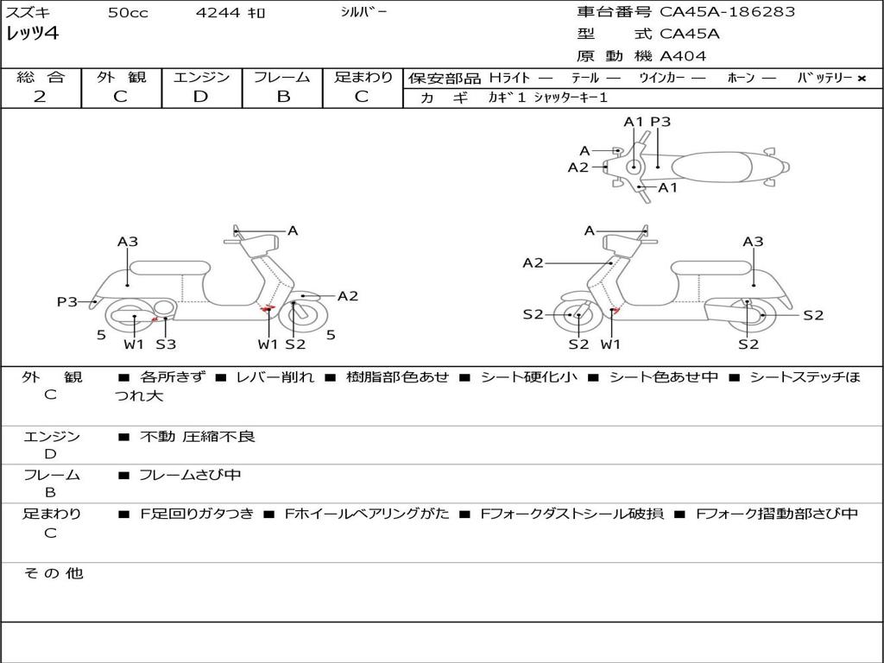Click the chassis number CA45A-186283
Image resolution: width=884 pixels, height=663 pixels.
point(727,12)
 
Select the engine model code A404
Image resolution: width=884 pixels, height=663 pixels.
point(683,56)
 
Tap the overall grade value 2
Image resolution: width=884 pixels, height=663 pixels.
point(40,97)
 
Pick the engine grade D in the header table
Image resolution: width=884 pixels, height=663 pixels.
point(200,97)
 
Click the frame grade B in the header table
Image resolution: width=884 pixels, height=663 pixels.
point(283,97)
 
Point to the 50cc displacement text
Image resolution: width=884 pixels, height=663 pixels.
point(128,13)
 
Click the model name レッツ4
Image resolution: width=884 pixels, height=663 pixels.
point(32,34)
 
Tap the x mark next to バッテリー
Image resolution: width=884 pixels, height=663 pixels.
point(862,79)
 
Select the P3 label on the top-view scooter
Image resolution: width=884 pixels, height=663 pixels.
point(660,122)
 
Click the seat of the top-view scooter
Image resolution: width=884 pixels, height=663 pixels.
point(711,167)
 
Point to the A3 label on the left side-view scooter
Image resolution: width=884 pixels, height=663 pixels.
point(128,242)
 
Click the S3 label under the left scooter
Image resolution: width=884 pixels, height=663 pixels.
point(166,344)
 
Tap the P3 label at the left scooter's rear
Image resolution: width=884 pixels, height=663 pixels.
point(67,302)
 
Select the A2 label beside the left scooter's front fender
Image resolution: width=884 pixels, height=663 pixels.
point(347,296)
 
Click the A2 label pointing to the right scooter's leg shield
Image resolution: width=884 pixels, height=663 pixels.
point(533,262)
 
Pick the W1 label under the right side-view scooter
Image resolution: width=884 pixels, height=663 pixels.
point(610,344)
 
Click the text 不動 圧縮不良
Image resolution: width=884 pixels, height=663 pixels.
point(198,436)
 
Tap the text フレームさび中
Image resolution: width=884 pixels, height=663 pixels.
point(190,476)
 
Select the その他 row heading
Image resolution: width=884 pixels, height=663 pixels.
point(54,573)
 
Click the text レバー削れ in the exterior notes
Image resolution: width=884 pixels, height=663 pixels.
point(275,377)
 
